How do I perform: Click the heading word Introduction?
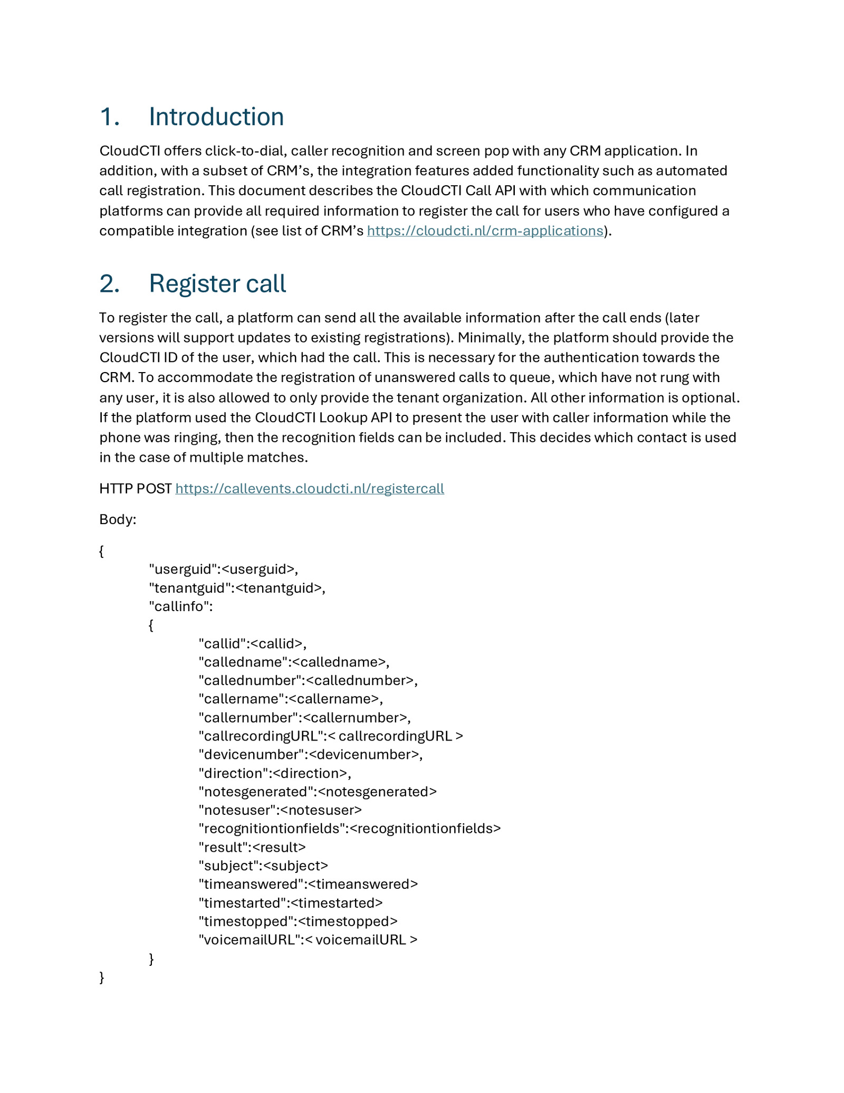click(x=216, y=117)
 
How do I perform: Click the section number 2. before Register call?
click(x=109, y=283)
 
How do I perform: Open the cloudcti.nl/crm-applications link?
click(x=485, y=231)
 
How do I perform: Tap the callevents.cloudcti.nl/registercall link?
click(x=310, y=489)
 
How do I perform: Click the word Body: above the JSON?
click(x=118, y=519)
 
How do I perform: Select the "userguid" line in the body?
click(x=224, y=569)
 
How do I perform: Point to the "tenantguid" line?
click(x=237, y=588)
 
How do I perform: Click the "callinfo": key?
click(x=181, y=606)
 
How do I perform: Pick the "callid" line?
click(x=252, y=643)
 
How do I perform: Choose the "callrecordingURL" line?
click(x=331, y=736)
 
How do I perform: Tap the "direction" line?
click(x=275, y=773)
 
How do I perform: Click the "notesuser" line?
click(x=280, y=810)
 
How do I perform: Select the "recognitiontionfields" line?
click(x=349, y=828)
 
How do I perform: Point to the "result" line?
click(x=252, y=847)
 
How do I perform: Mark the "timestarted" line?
click(x=291, y=902)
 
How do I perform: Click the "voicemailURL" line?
click(x=308, y=939)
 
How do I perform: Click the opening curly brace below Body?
click(x=102, y=551)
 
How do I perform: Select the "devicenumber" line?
click(x=311, y=754)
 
